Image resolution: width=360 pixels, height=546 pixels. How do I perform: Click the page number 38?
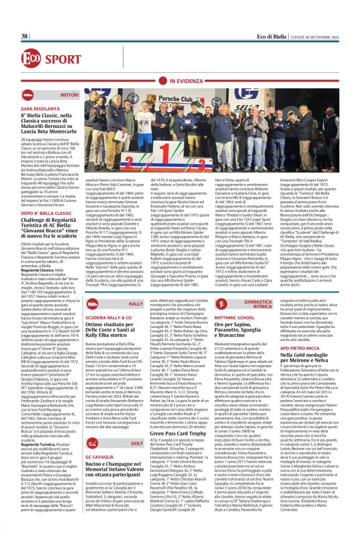click(25, 37)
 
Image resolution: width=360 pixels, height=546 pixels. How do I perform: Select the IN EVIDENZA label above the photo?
click(186, 81)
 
